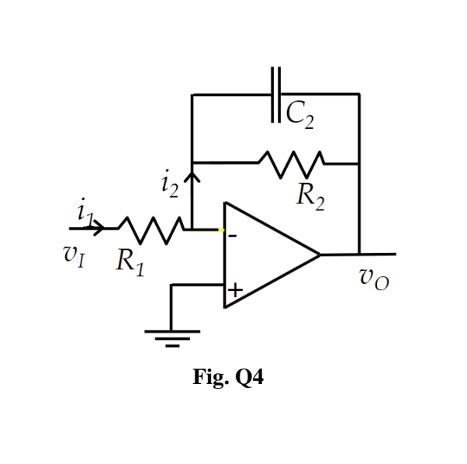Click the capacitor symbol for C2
[x=276, y=95]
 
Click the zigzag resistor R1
[x=150, y=228]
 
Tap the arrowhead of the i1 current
[x=99, y=228]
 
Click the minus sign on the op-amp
[x=232, y=236]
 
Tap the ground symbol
[x=171, y=336]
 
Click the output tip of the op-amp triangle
[x=320, y=254]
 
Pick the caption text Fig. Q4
[x=228, y=378]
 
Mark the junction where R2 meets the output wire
[x=359, y=164]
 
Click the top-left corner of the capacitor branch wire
[x=192, y=95]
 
